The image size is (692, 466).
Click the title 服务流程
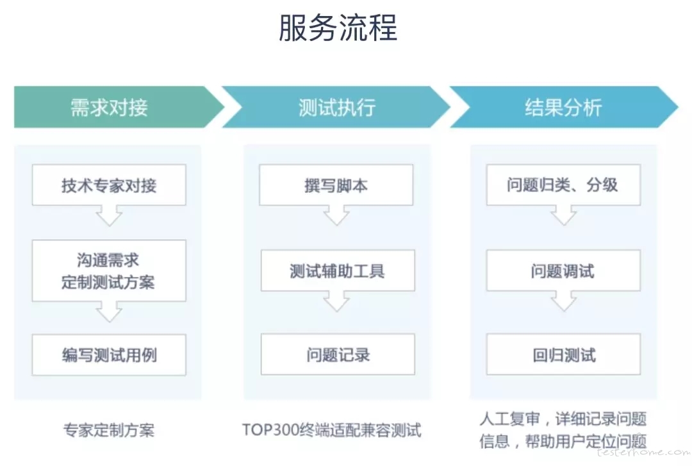coord(338,28)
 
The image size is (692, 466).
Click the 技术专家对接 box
coord(109,185)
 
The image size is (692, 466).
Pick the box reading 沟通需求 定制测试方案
coord(109,270)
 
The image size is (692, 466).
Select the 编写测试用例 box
coord(109,354)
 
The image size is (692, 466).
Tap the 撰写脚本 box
coord(336,185)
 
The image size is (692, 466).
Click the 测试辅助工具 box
coord(338,270)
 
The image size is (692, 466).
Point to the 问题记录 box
coord(338,354)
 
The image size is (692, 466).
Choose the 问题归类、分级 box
coord(564,185)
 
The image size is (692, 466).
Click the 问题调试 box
coord(564,270)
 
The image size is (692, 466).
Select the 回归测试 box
coord(564,354)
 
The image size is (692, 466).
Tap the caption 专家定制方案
coord(109,430)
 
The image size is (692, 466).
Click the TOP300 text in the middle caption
coord(270,430)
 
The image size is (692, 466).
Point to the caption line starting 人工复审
coord(563,419)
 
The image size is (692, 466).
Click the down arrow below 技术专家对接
coord(110,215)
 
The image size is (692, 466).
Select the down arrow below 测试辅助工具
coord(337,301)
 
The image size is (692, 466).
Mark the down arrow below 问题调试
coord(564,301)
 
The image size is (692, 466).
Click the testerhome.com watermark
coord(643,452)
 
